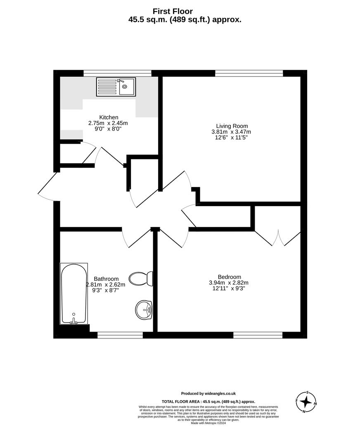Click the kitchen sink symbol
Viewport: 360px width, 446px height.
pos(116,87)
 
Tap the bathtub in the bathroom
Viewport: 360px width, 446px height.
pos(74,293)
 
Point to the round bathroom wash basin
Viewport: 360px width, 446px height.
pos(144,309)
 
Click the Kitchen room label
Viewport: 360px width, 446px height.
pos(109,117)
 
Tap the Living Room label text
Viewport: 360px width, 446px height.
pos(232,126)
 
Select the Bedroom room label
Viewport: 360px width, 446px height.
pos(230,277)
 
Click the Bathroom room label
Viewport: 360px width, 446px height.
pos(106,279)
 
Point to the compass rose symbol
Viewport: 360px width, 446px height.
pos(306,401)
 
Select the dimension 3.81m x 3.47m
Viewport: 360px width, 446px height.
pos(231,132)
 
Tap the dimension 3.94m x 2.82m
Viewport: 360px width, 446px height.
pos(229,283)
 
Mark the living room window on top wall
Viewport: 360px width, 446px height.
pos(249,73)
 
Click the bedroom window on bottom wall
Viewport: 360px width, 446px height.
pos(258,335)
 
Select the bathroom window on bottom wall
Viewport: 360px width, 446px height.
pos(120,335)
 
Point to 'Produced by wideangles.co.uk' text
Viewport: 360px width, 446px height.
pos(208,394)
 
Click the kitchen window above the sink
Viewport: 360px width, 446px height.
pos(117,73)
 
